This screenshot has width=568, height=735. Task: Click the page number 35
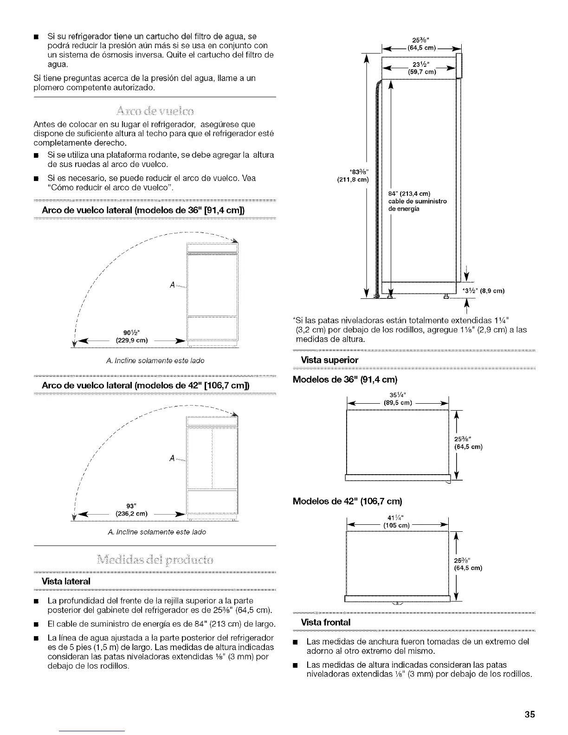530,715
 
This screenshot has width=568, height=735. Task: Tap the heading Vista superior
323,360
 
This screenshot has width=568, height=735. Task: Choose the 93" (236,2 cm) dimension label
131,509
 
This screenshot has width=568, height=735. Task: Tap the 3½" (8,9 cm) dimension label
483,291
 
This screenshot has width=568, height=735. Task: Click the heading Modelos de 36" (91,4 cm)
345,380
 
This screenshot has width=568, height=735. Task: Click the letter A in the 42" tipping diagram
172,458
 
